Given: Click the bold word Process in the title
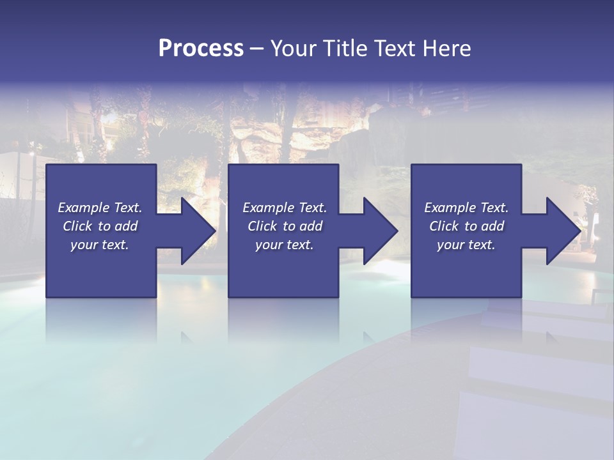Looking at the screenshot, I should [x=201, y=49].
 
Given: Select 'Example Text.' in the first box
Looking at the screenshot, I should [x=100, y=208].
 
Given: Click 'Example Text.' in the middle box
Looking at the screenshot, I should [x=285, y=208].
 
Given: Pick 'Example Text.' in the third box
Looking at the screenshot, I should [x=466, y=208].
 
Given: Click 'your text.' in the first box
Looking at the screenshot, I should [x=100, y=245].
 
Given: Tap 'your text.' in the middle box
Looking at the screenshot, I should [x=285, y=245].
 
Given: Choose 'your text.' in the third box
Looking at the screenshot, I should [x=466, y=245].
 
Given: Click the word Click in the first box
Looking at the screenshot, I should [x=77, y=226].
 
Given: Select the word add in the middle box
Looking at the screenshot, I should [x=311, y=226].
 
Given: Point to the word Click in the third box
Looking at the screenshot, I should [x=444, y=226].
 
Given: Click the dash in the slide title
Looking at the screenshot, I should [x=257, y=49].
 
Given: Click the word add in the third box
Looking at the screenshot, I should [x=492, y=226].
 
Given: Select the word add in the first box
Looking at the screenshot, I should [x=126, y=226].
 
